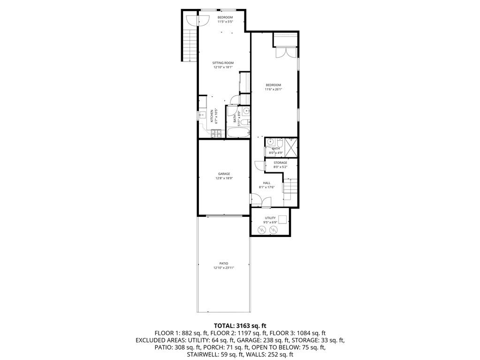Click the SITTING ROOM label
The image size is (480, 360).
point(223,63)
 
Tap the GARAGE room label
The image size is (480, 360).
point(224,174)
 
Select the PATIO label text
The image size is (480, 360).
point(223,263)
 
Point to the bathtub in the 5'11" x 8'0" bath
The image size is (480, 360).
point(238,132)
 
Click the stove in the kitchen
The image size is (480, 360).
point(216,133)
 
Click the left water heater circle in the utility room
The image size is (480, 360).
point(261,230)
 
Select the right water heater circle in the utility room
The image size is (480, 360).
point(274,230)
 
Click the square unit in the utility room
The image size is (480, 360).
point(282,219)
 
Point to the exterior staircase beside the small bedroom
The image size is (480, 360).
point(190,45)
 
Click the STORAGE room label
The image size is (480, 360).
point(281,163)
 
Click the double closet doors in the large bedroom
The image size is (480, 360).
point(285,52)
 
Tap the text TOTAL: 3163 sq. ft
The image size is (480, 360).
point(240,325)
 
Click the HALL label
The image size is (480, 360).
point(267,183)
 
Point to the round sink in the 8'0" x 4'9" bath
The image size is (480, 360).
point(270,142)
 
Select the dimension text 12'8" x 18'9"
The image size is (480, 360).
point(224,178)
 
